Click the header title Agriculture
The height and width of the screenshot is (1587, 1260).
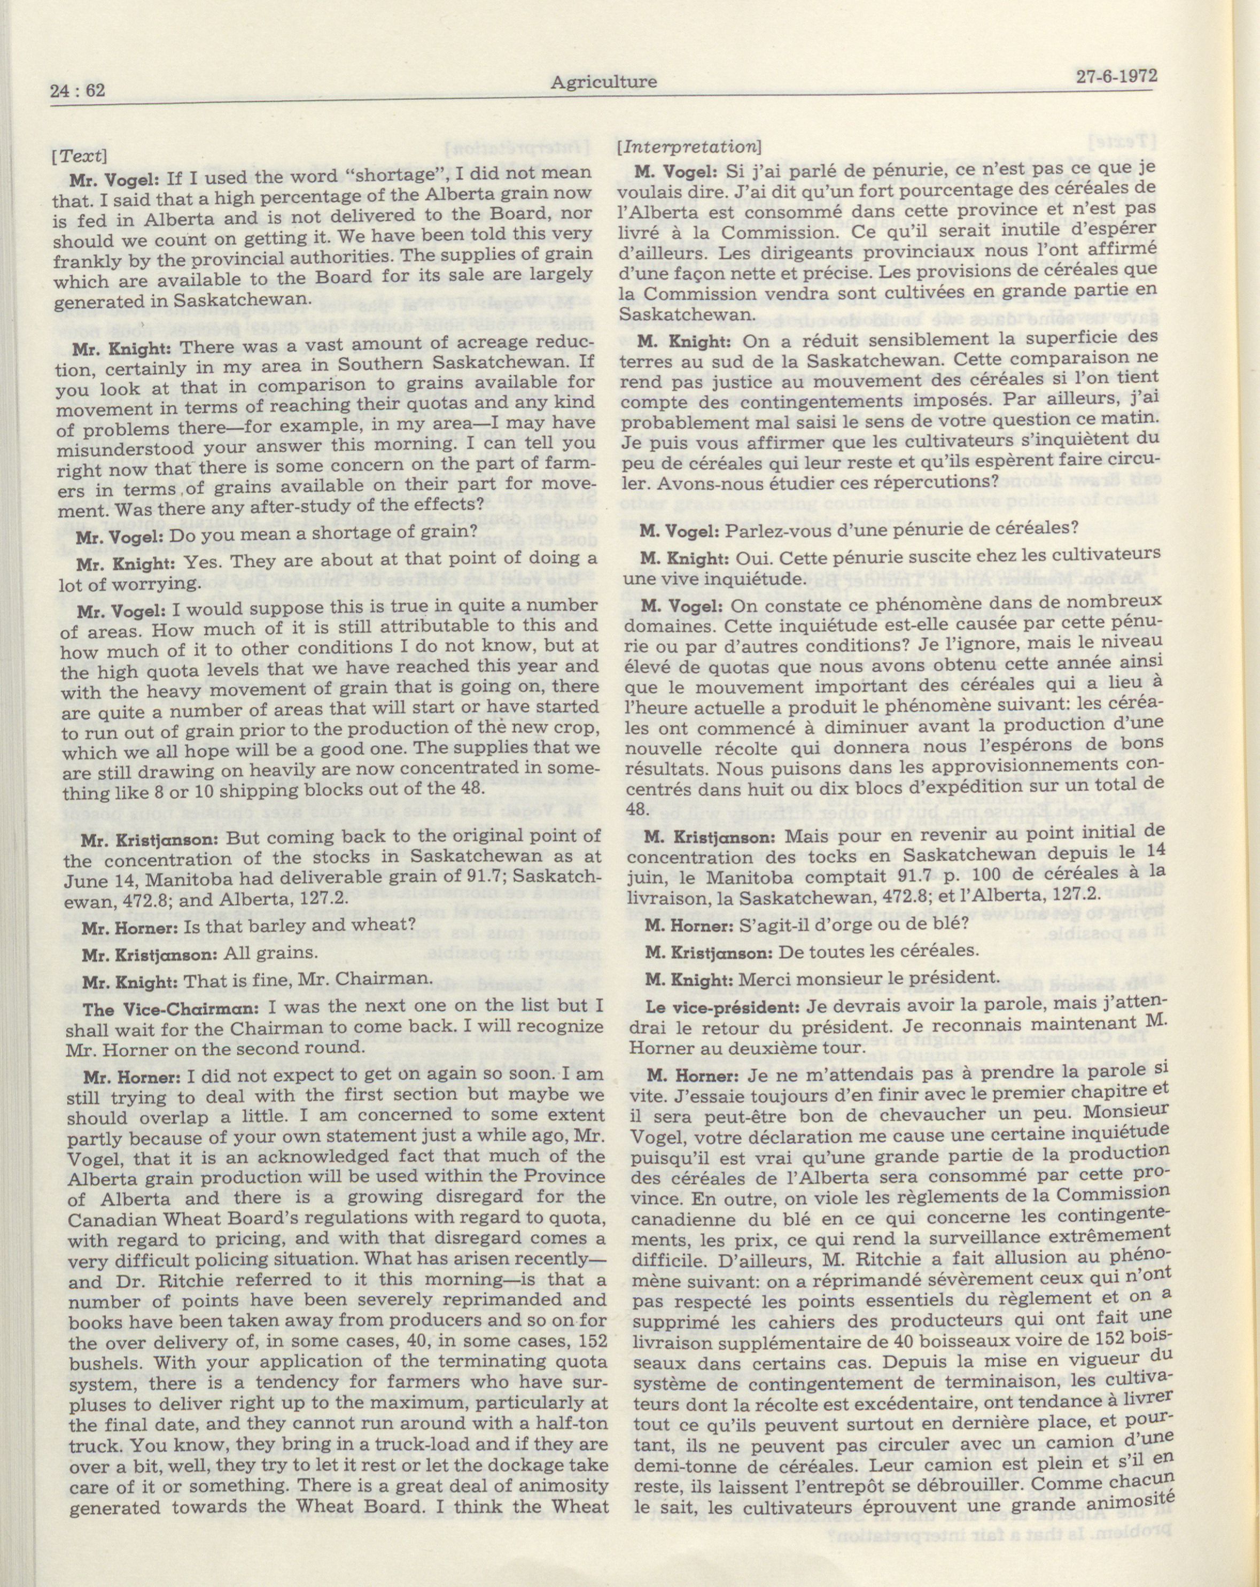603,82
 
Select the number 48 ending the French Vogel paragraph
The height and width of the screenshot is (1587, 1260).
631,808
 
